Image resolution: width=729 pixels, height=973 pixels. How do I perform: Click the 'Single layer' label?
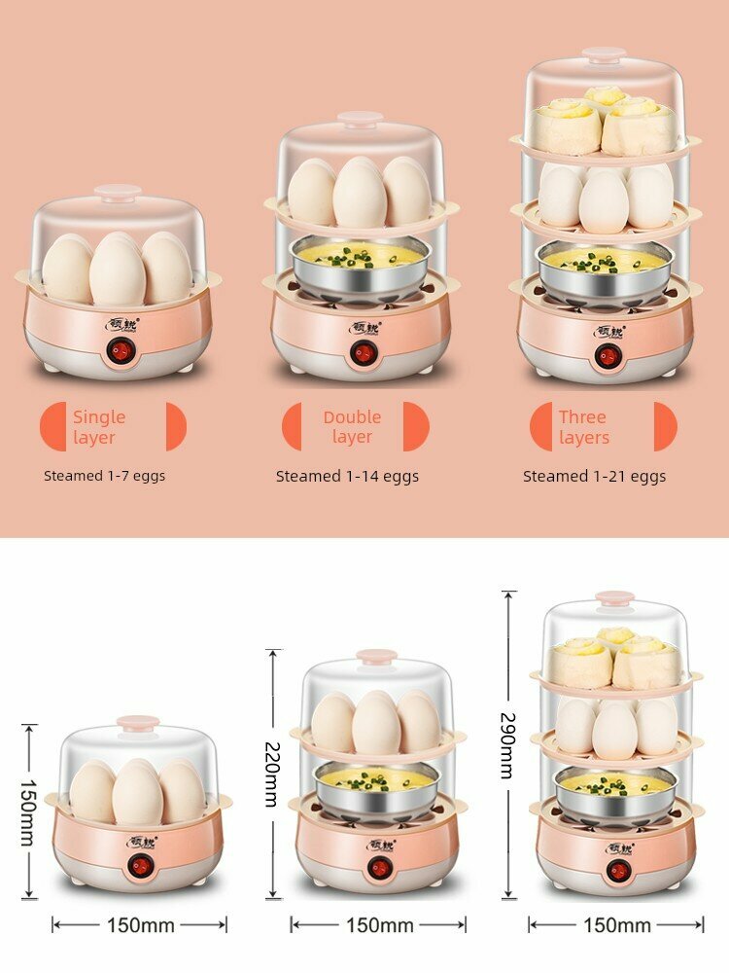99,427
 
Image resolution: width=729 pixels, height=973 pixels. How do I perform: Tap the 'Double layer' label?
352,427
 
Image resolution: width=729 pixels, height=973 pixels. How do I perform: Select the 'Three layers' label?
583,427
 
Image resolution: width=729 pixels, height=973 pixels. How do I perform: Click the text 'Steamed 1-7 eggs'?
104,477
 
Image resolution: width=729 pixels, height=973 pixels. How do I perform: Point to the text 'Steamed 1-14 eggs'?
347,477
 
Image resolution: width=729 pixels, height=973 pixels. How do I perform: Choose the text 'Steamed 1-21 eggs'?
594,477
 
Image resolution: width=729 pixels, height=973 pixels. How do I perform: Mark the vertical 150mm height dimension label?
28,811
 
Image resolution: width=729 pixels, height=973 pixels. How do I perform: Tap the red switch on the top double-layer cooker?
364,352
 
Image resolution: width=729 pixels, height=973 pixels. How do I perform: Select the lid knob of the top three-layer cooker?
605,54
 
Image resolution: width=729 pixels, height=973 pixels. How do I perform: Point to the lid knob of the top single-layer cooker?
118,192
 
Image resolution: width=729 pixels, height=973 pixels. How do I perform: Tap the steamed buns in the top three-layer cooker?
605,122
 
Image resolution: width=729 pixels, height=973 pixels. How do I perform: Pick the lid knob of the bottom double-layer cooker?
376,657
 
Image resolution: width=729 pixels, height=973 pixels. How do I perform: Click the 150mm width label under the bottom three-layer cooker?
615,925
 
